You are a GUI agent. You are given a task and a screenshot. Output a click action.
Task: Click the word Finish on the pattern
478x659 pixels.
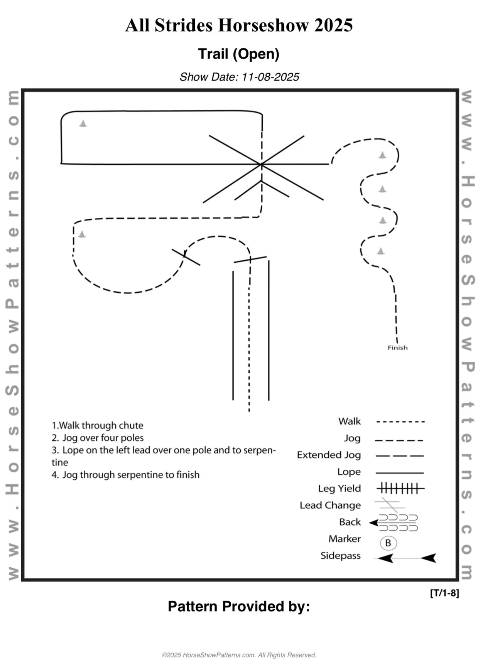(397, 347)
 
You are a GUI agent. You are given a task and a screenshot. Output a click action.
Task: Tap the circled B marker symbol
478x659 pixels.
(388, 543)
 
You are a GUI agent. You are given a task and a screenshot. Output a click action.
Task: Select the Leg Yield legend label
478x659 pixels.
(339, 488)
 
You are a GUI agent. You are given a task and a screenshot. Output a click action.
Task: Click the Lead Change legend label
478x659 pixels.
(330, 505)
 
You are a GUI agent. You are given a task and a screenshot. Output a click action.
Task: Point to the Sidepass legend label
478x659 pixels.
(340, 556)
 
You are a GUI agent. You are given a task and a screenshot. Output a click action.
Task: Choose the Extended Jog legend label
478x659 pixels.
(329, 455)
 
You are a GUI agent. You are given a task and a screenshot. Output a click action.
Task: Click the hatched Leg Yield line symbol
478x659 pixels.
(400, 489)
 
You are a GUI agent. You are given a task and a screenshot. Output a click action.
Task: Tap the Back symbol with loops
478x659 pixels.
(397, 522)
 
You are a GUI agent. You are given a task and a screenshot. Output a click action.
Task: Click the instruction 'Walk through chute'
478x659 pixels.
(97, 425)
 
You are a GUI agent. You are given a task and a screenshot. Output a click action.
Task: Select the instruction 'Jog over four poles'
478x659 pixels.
(98, 438)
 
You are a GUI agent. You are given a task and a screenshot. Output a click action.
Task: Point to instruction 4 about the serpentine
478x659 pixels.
(125, 475)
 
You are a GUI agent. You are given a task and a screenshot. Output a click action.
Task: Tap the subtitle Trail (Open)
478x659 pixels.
(238, 54)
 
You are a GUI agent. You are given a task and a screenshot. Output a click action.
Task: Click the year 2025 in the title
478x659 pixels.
(333, 25)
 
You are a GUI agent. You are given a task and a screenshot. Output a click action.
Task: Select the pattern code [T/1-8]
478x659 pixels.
(444, 593)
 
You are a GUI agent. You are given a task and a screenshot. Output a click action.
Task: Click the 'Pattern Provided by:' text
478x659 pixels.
(239, 607)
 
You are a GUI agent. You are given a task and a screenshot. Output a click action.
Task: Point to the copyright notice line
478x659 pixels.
(239, 655)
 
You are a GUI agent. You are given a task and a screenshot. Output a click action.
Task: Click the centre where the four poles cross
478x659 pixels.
(262, 165)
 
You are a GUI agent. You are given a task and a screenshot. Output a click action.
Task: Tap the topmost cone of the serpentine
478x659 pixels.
(382, 155)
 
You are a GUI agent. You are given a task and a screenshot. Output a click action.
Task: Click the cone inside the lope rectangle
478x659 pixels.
(83, 123)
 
